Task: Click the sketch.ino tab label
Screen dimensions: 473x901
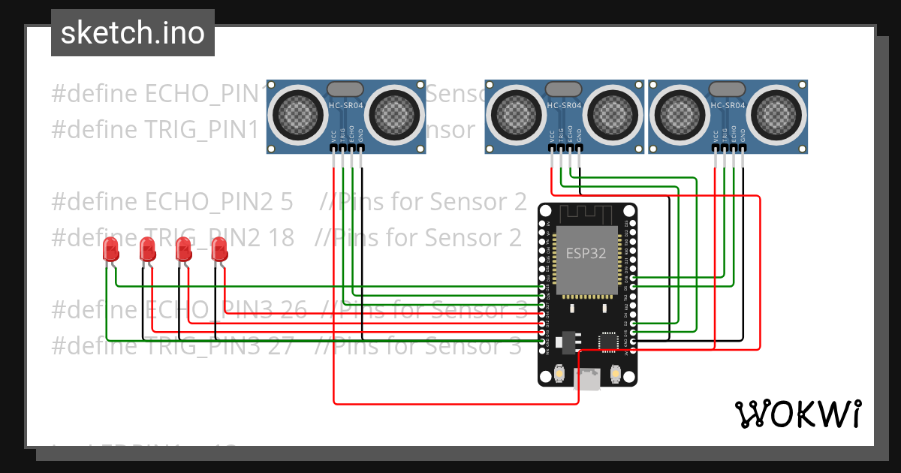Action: coord(132,33)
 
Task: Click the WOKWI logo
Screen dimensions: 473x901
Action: coord(797,414)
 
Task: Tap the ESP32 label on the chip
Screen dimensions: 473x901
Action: coord(586,253)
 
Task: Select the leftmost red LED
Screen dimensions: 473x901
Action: coord(111,250)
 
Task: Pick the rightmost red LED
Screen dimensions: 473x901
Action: coord(219,250)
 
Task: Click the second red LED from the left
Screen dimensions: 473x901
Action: coord(147,250)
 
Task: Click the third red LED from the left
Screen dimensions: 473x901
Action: coord(183,250)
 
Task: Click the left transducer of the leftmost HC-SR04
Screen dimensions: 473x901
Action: coord(299,114)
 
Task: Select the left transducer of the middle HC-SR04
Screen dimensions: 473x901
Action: coord(517,114)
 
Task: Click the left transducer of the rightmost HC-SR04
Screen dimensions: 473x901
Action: coord(680,114)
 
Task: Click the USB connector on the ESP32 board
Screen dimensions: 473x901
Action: coord(587,380)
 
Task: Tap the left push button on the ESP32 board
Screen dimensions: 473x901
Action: coord(559,373)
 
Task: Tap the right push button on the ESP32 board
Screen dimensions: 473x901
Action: coord(616,373)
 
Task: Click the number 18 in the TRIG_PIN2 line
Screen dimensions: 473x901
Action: coord(280,237)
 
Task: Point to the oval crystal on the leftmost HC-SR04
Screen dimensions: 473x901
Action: coord(347,89)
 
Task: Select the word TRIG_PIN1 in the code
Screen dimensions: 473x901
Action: coord(201,129)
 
